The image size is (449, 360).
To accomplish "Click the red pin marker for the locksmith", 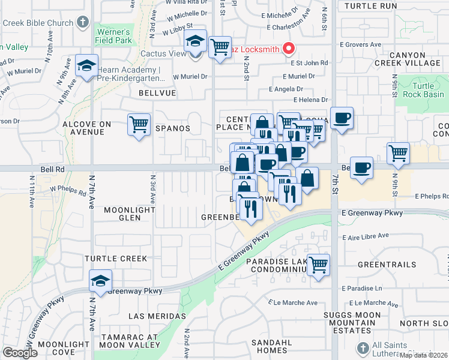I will (289, 49).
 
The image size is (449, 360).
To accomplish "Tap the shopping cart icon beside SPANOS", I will (139, 125).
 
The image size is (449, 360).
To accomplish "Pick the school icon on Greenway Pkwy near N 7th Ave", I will (100, 280).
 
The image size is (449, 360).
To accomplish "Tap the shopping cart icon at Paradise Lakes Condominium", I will (318, 264).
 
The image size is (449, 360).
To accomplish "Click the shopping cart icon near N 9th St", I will (398, 153).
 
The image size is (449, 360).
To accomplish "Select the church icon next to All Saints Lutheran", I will (362, 348).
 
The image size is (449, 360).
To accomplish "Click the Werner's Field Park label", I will (113, 36).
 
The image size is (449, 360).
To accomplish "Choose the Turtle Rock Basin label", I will (423, 90).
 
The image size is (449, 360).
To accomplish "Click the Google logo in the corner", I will (19, 353).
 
